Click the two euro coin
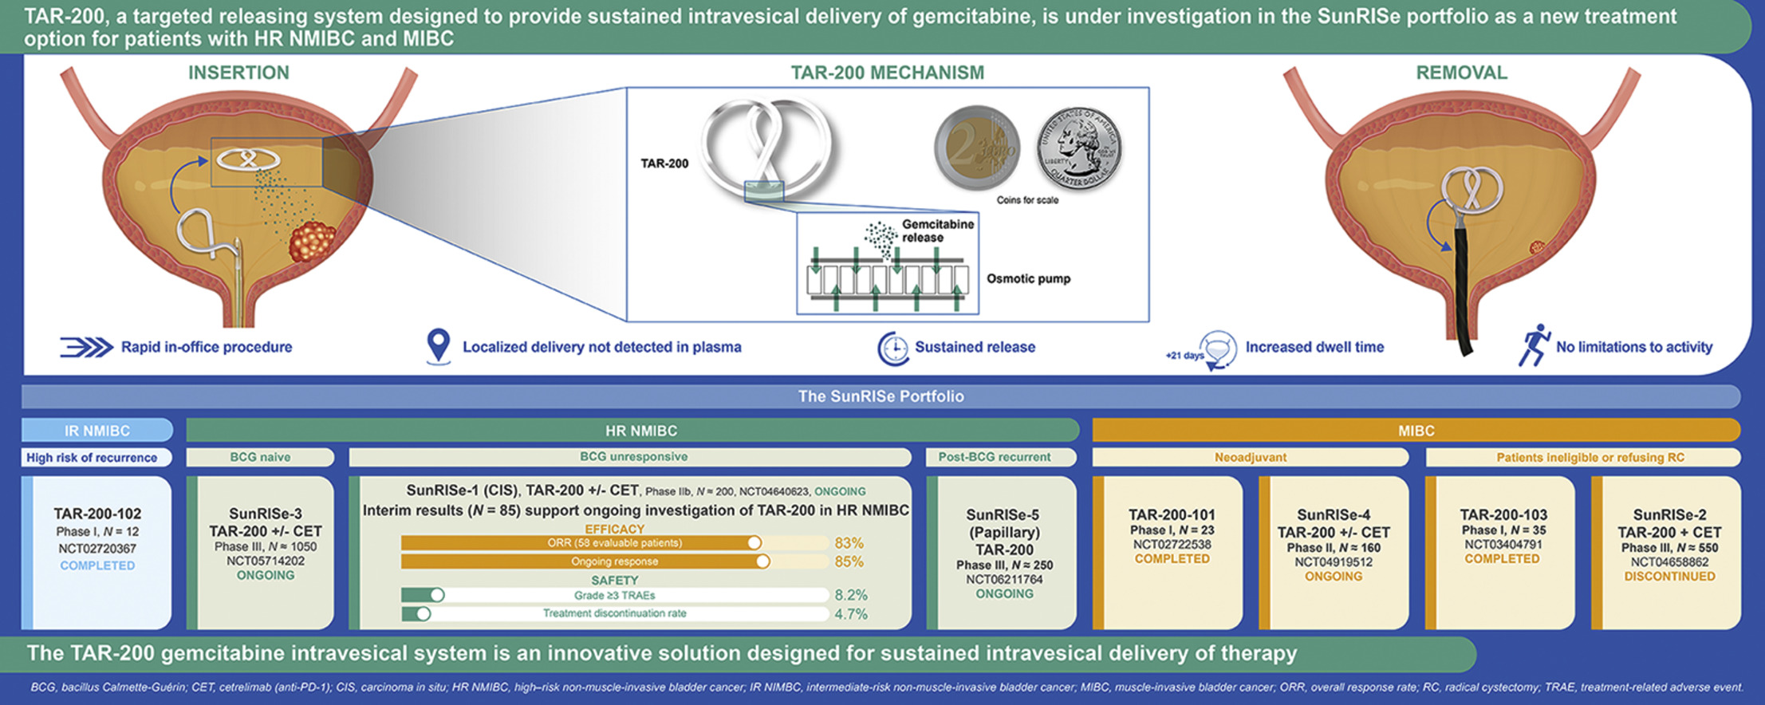click(x=977, y=148)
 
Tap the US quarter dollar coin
click(x=1078, y=148)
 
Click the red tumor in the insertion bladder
click(x=313, y=242)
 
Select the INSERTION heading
click(x=238, y=73)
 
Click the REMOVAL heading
click(x=1461, y=73)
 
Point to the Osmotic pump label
click(x=1028, y=278)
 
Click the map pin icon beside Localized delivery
click(x=438, y=346)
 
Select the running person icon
click(x=1534, y=345)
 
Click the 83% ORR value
click(x=849, y=543)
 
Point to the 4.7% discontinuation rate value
click(x=850, y=614)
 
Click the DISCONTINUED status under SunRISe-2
click(x=1669, y=577)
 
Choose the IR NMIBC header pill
click(x=97, y=431)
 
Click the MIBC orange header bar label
click(x=1416, y=431)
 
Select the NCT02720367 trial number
click(x=97, y=549)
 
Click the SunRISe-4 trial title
click(x=1333, y=515)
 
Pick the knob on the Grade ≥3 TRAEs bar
click(x=437, y=595)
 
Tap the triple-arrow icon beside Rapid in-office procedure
click(x=87, y=347)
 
